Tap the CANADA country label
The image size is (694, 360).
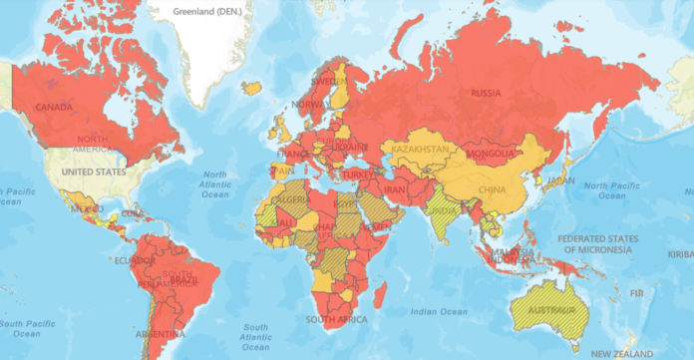pyautogui.click(x=56, y=106)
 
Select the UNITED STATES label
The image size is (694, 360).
pyautogui.click(x=95, y=172)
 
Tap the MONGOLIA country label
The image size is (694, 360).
pyautogui.click(x=491, y=154)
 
